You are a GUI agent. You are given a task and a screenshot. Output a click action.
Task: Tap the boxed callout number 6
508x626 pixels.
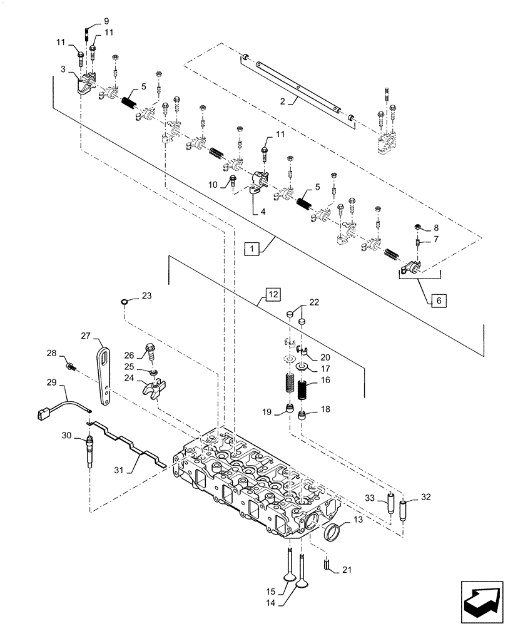coord(438,300)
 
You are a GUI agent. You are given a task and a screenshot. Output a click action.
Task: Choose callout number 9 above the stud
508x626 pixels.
coord(97,20)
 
